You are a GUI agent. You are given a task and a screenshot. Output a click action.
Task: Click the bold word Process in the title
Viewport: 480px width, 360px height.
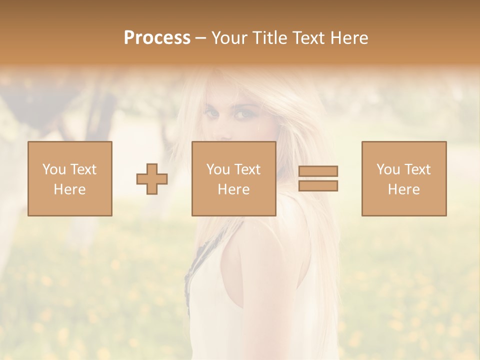tap(157, 38)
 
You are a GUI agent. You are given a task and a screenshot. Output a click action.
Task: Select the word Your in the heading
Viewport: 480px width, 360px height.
tap(229, 38)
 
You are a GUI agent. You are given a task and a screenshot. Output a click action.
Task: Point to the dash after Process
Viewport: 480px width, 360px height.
tap(200, 38)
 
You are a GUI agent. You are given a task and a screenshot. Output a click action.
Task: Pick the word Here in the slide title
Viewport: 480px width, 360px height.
tap(349, 38)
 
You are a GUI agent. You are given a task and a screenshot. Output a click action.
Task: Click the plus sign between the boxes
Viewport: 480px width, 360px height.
tap(152, 179)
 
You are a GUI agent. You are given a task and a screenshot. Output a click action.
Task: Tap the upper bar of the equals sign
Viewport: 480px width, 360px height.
tap(318, 171)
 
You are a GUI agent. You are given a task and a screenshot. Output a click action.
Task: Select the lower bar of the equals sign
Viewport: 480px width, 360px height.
tap(318, 185)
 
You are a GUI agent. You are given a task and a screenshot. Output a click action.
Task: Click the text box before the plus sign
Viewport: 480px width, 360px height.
tap(70, 178)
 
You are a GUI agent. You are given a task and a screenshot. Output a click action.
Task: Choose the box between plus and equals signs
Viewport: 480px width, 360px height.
tap(233, 178)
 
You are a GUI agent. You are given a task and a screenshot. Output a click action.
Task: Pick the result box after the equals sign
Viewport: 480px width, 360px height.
tap(404, 178)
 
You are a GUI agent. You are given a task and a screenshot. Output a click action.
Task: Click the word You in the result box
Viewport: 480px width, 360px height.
tap(387, 169)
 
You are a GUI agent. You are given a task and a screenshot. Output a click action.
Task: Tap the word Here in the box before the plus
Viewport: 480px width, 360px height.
tap(69, 189)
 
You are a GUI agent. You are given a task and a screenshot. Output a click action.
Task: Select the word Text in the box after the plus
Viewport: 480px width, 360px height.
tap(247, 169)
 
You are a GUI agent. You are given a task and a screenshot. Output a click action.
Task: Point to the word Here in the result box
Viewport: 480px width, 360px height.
tap(404, 189)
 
